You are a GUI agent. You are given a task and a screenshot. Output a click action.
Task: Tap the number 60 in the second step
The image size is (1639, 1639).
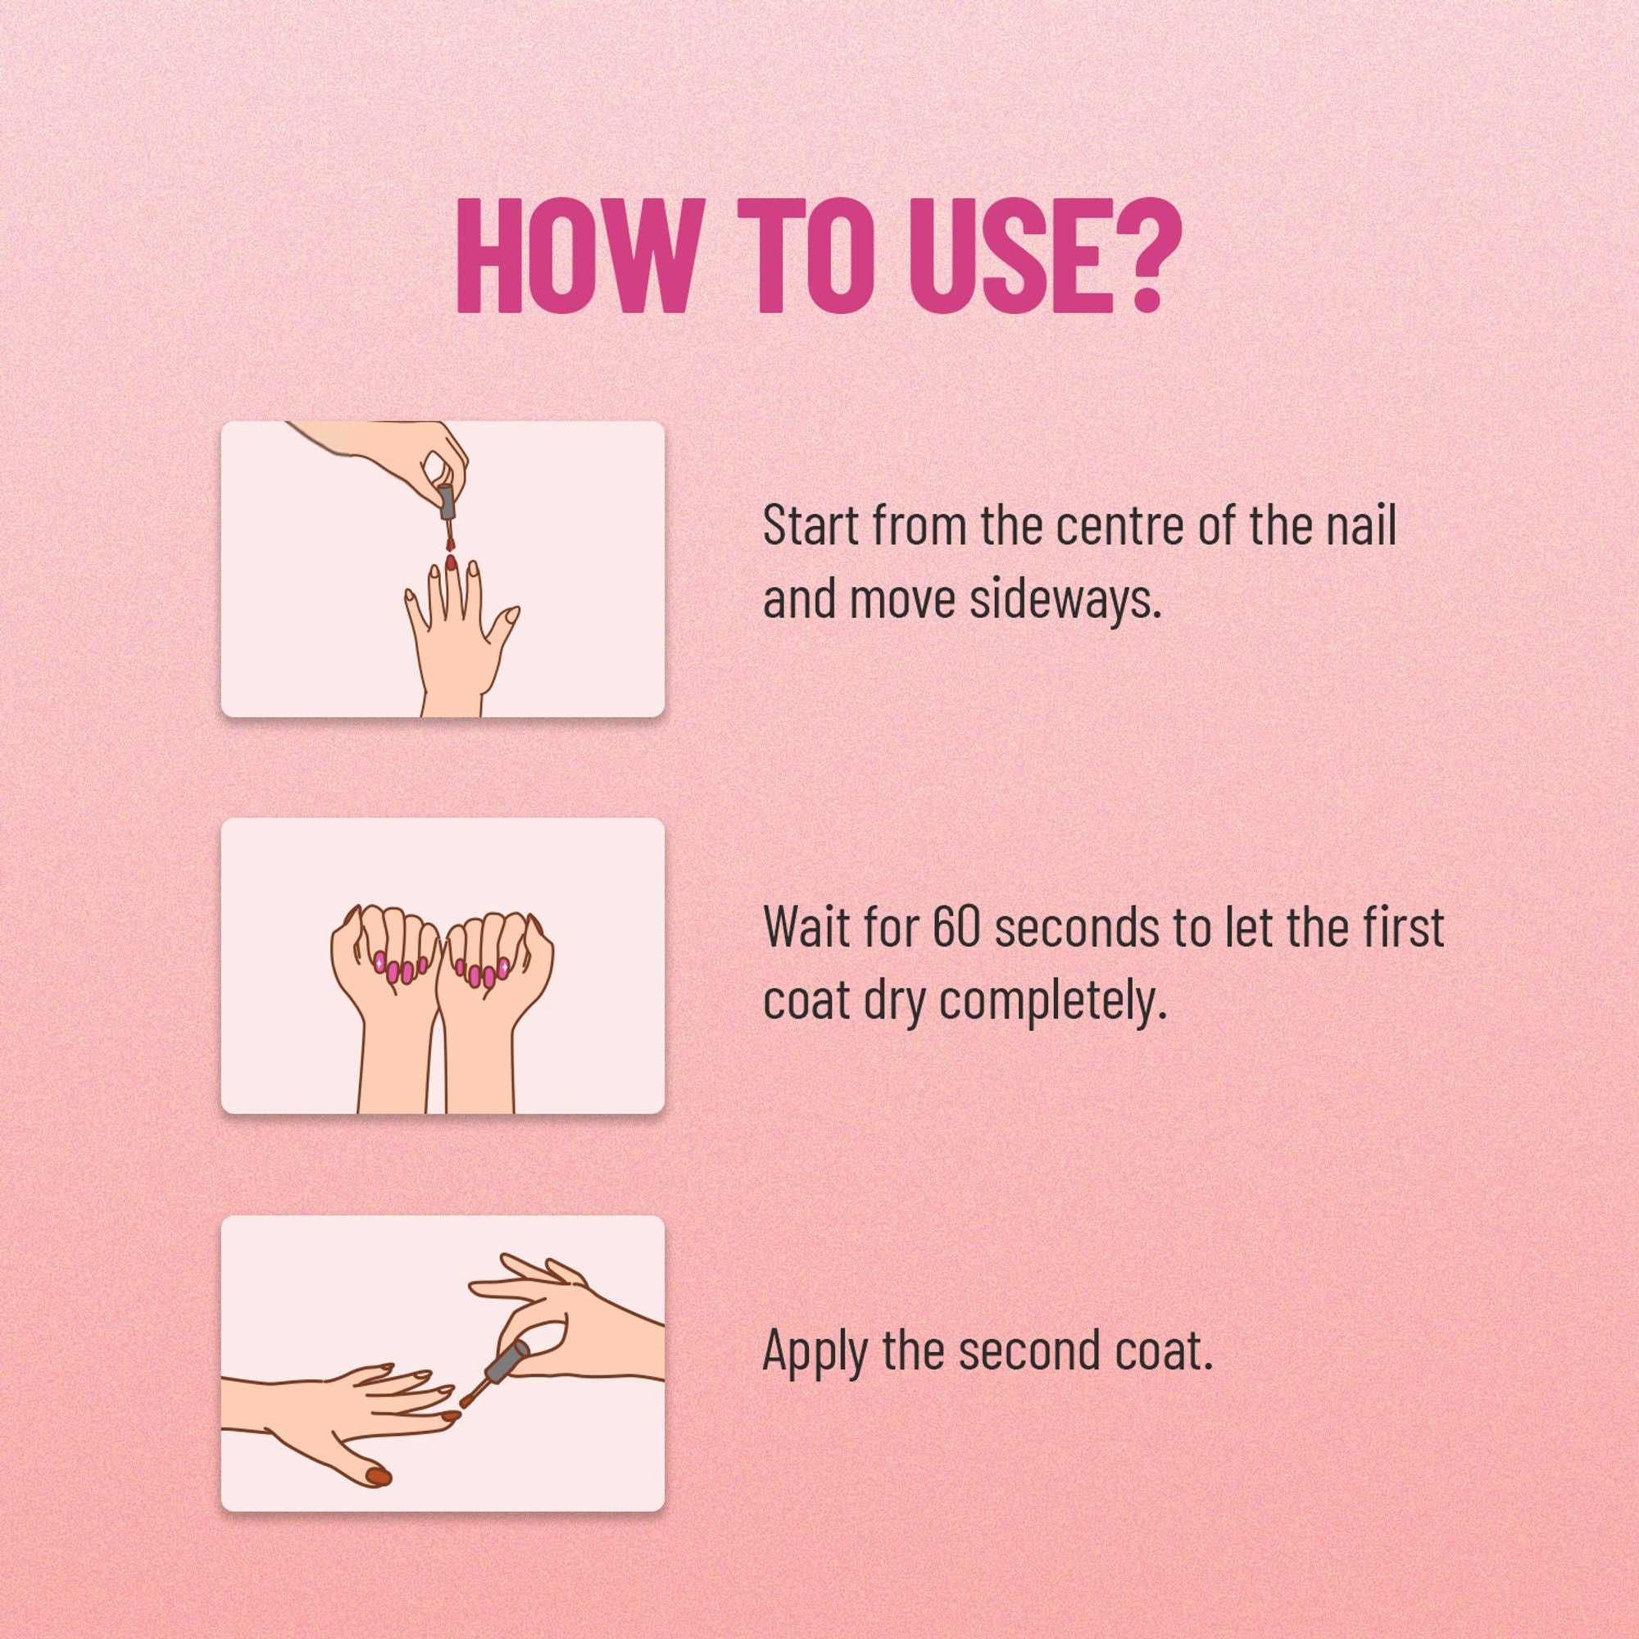point(957,927)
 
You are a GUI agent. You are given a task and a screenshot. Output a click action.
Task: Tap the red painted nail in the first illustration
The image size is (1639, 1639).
point(452,561)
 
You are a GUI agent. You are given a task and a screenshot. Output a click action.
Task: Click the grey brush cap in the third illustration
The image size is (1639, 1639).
point(506,1364)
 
